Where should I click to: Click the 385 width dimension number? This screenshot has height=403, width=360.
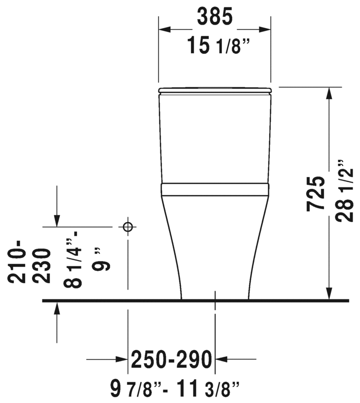pyautogui.click(x=215, y=16)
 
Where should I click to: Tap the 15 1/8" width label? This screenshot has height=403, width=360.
pyautogui.click(x=218, y=45)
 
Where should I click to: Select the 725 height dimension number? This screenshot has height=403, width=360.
pyautogui.click(x=315, y=194)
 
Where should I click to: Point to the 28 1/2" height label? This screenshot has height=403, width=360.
pyautogui.click(x=344, y=191)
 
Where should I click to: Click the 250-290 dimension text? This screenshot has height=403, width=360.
pyautogui.click(x=172, y=359)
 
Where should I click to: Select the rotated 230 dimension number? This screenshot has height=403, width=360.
pyautogui.click(x=42, y=266)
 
